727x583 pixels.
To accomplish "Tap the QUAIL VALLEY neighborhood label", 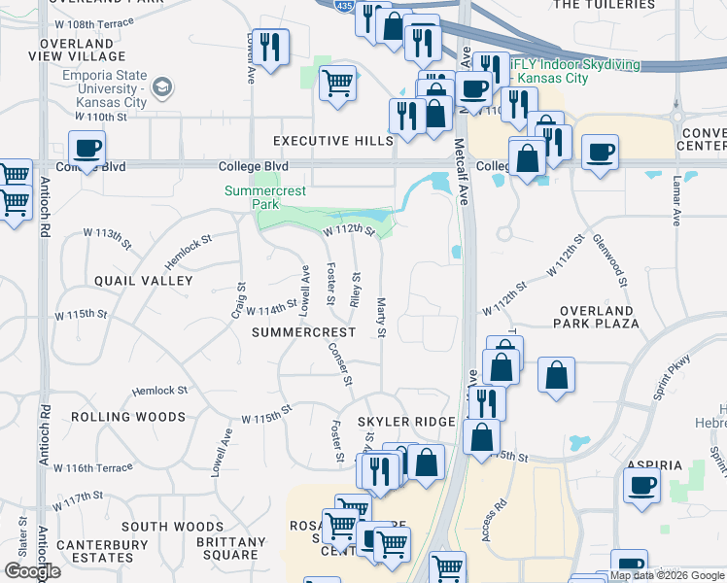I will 144,281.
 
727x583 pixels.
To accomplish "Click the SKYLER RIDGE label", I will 406,422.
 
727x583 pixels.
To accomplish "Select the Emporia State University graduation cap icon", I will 162,88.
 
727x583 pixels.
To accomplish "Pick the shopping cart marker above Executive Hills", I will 337,84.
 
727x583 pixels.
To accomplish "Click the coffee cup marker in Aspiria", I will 641,486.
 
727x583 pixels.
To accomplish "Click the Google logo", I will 32,572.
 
